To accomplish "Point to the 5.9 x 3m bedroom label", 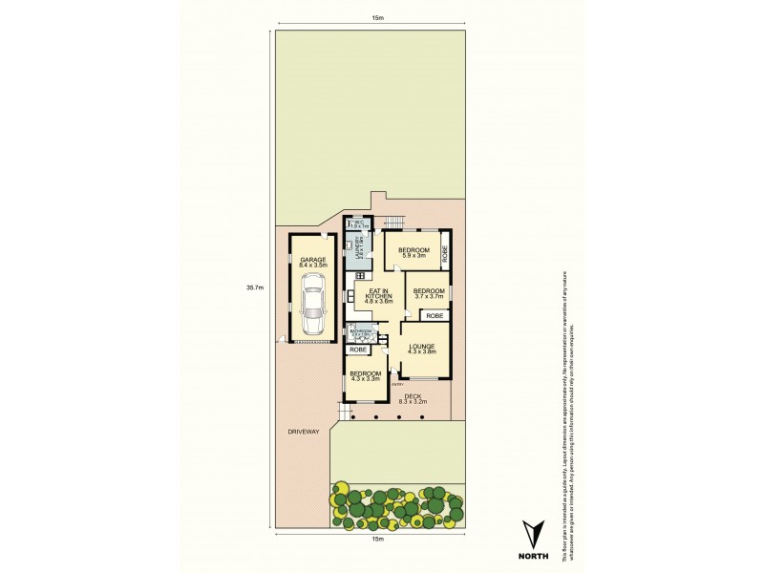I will [413, 252].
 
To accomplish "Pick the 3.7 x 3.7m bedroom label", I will [429, 292].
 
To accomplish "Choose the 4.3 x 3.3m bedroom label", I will [365, 375].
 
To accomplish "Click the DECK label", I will [413, 397].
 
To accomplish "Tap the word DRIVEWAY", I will [303, 432].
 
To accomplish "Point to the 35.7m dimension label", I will [253, 286].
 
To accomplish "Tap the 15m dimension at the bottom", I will [377, 540].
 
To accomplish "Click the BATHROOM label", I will [360, 331].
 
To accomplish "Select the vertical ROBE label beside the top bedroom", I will [446, 253].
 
